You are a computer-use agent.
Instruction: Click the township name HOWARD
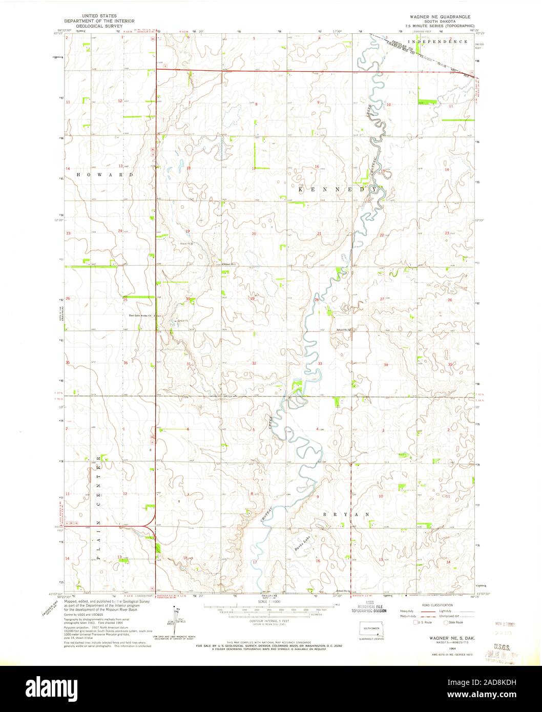pos(105,175)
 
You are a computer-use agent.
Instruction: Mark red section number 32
pos(254,363)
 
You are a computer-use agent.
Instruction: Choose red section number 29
pos(252,299)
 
